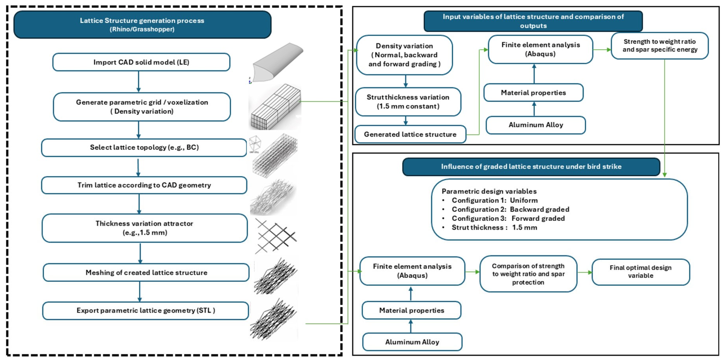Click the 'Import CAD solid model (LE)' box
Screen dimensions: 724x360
tap(141, 62)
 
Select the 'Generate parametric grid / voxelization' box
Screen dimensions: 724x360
tap(142, 107)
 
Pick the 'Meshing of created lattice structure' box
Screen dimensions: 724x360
tap(146, 273)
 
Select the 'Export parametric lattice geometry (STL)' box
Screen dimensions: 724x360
tap(146, 310)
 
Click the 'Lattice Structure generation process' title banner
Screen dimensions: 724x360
tap(142, 24)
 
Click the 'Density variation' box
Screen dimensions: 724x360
tap(404, 55)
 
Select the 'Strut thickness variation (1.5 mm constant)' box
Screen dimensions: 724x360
tap(408, 102)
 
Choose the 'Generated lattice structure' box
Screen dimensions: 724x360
tap(410, 134)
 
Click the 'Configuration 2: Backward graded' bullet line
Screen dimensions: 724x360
tap(506, 210)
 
